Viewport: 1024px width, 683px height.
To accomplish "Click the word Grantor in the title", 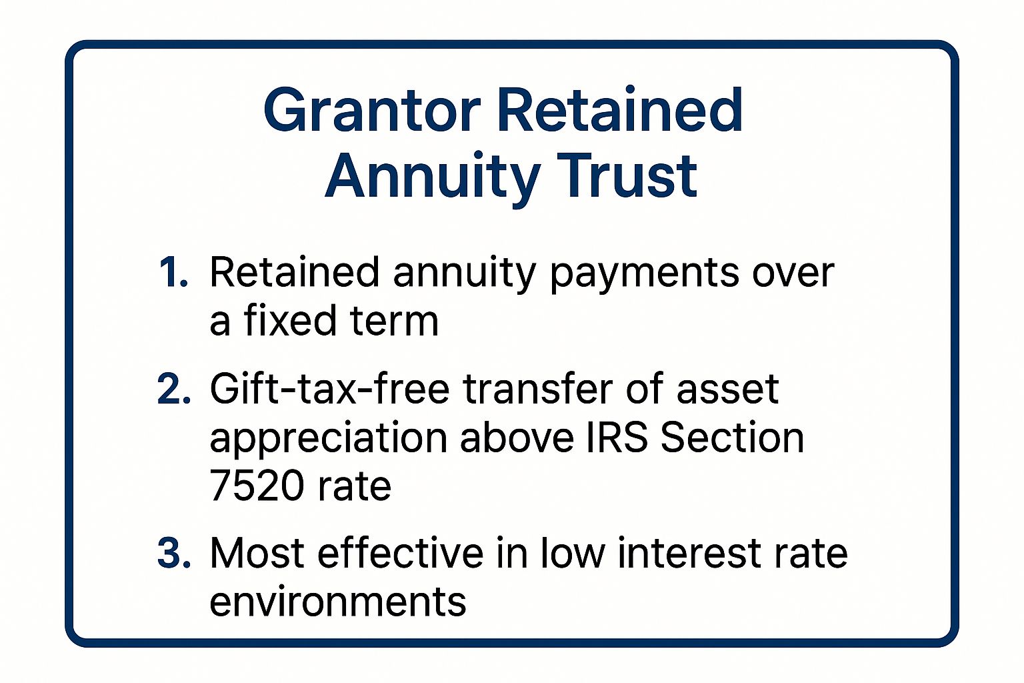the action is (x=371, y=111).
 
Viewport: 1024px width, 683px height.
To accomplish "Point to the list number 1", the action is (x=173, y=273).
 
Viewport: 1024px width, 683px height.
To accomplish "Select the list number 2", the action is (x=174, y=390).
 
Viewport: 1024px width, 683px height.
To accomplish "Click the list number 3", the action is (x=174, y=553).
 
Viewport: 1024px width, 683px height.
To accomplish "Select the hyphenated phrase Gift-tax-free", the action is (x=329, y=389).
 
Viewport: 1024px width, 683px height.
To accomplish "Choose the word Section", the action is (x=732, y=438).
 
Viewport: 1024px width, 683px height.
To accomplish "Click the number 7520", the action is (x=257, y=486).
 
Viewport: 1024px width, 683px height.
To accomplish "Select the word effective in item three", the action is (x=400, y=553).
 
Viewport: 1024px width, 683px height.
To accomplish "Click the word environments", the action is (x=338, y=601).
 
